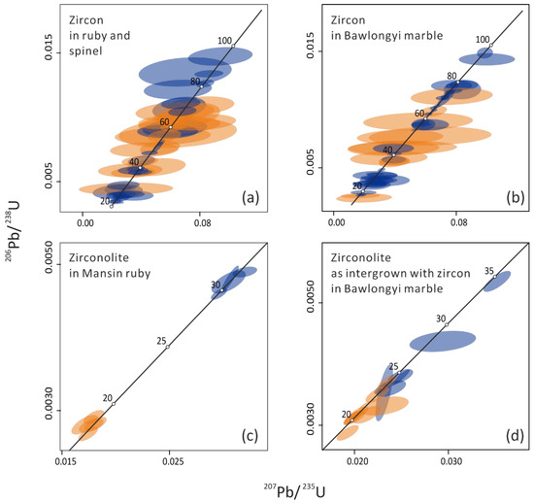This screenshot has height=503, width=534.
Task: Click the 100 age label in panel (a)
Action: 224,41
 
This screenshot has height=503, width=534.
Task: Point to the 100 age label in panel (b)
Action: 483,39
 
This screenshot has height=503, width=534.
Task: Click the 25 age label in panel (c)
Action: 161,340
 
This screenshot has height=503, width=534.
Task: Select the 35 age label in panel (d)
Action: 489,270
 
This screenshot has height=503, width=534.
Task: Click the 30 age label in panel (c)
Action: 216,285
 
